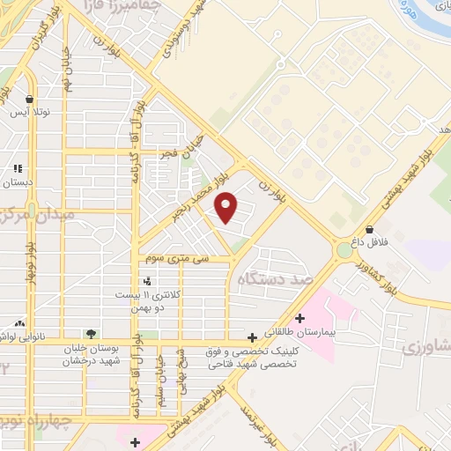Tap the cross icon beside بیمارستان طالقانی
click(x=300, y=318)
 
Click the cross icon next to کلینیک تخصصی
click(x=253, y=336)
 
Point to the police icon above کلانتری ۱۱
click(x=146, y=282)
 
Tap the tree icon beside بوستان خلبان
click(x=91, y=334)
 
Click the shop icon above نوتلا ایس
click(x=32, y=100)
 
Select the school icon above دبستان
click(x=18, y=168)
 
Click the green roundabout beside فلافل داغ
click(x=344, y=251)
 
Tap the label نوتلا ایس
click(x=32, y=114)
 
